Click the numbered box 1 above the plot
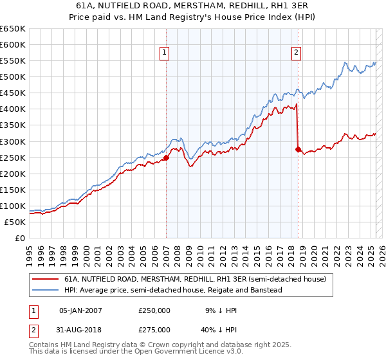(x=165, y=53)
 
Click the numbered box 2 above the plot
(x=297, y=53)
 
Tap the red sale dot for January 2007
(x=166, y=157)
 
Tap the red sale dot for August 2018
(x=298, y=149)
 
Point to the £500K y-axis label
(x=14, y=77)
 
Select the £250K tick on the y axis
(x=14, y=157)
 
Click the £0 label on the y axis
(x=19, y=238)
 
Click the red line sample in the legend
(x=45, y=279)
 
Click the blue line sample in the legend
(x=45, y=290)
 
